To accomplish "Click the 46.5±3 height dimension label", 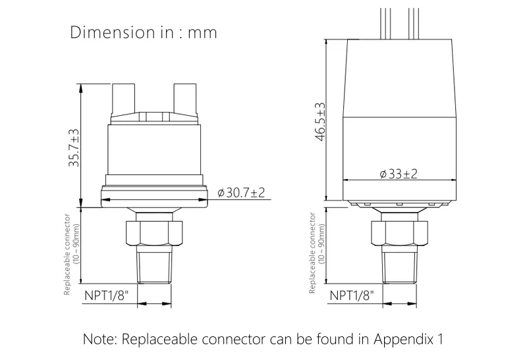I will point(320,122).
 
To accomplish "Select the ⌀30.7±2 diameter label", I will point(241,193).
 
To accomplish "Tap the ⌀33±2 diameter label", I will point(399,174).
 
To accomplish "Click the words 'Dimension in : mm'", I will point(143,32).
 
